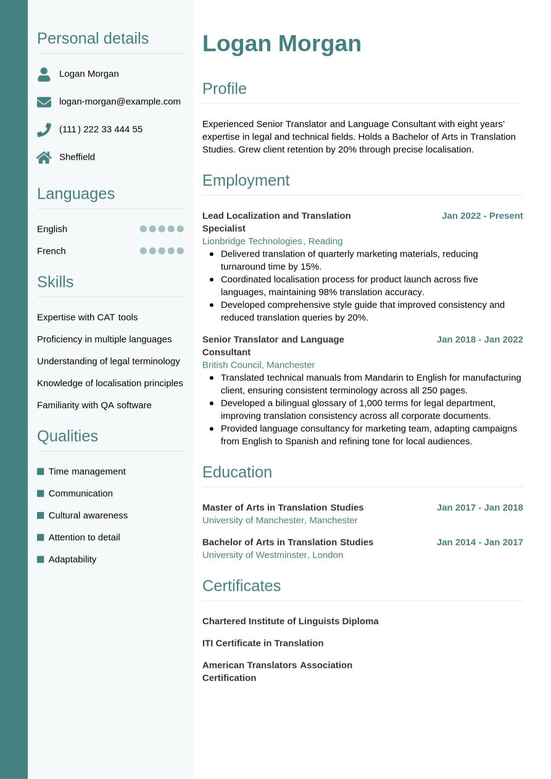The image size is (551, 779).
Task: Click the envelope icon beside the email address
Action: tap(44, 102)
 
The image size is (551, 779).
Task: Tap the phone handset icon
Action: tap(44, 130)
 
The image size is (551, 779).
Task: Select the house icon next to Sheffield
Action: tap(44, 157)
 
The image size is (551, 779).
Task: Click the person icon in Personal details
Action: tap(44, 74)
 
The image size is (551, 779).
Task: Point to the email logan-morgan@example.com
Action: tap(120, 101)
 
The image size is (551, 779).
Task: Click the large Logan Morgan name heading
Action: tap(281, 44)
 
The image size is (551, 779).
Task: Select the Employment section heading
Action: tap(246, 180)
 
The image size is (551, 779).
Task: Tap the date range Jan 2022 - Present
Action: tap(482, 215)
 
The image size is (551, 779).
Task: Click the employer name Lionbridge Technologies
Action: tap(252, 241)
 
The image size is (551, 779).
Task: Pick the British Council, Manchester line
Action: tap(258, 365)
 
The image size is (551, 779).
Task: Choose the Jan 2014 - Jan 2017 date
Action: tap(479, 542)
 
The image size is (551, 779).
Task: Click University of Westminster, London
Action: tap(272, 554)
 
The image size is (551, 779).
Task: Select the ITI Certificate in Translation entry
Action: tap(262, 643)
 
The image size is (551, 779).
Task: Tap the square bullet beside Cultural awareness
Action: tap(41, 515)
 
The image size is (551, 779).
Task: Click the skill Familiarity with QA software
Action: tap(94, 405)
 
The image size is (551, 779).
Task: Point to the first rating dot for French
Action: tap(143, 251)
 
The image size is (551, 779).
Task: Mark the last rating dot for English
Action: tap(180, 229)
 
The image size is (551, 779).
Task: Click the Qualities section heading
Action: tap(67, 436)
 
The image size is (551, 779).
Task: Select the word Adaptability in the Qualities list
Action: tap(72, 559)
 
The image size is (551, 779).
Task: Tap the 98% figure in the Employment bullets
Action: tap(328, 292)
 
